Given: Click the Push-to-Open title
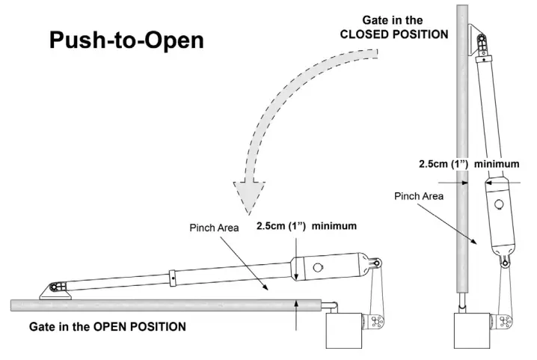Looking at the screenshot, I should pos(126,40).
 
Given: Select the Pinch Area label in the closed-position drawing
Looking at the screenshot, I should pos(418,196).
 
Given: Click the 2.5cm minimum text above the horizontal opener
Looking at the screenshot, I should pos(306,225).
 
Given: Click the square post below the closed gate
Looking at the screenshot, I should pos(473,329).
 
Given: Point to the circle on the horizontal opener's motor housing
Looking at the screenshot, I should pos(319,267).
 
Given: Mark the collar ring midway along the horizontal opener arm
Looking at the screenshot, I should pos(173,276).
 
